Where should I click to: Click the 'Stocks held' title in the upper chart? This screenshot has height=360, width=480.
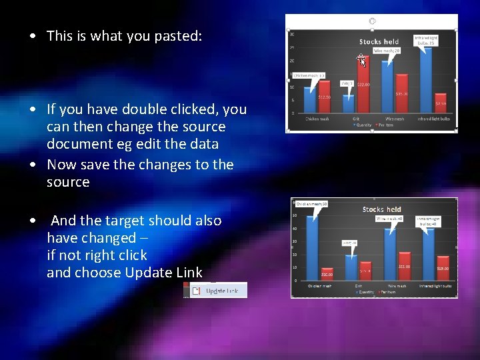click(379, 41)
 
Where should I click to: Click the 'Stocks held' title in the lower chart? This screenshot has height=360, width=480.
click(381, 209)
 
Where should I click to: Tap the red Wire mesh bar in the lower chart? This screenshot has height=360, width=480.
click(403, 267)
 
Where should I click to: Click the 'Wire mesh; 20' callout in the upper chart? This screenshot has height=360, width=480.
click(387, 51)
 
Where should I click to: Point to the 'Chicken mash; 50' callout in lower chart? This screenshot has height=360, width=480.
click(312, 203)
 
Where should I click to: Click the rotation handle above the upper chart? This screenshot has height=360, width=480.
click(372, 21)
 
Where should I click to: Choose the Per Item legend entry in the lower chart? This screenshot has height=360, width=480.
click(389, 291)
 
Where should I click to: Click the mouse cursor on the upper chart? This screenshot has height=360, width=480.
click(362, 61)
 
